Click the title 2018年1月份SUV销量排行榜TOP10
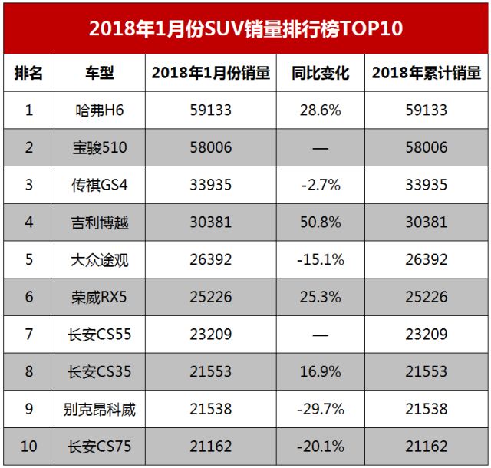(245, 28)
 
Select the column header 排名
(29, 74)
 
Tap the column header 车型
(100, 74)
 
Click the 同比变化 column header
(321, 74)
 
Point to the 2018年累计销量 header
(427, 74)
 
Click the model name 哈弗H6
(100, 110)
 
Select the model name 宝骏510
(100, 148)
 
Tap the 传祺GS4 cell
(100, 186)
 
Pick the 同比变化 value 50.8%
(321, 223)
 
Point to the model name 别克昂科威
(100, 410)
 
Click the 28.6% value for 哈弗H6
(321, 110)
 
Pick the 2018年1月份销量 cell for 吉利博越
(210, 223)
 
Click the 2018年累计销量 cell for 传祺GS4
(427, 186)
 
